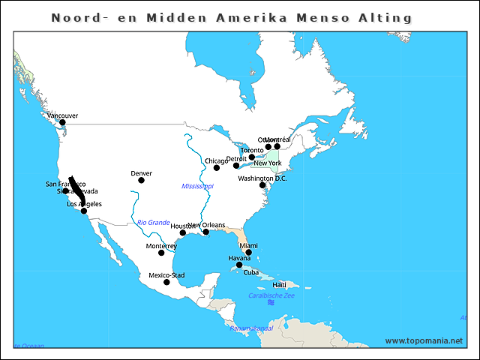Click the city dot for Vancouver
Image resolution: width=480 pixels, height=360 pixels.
[x=62, y=122]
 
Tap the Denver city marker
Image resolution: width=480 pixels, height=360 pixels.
[x=141, y=180]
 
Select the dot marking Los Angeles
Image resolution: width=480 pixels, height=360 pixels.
[x=84, y=211]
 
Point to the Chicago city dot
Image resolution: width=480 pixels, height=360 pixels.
[x=217, y=167]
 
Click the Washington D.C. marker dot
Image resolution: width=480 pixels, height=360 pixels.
[x=262, y=184]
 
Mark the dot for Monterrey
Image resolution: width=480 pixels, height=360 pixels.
[x=161, y=253]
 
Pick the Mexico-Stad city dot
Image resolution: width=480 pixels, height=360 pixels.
[x=166, y=282]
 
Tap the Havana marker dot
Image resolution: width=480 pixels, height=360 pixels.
[x=239, y=265]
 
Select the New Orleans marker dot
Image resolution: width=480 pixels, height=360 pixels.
[x=206, y=232]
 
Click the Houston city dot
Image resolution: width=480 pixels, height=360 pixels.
[x=182, y=232]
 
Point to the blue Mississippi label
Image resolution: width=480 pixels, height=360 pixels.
[x=197, y=186]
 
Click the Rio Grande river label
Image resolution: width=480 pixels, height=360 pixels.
[x=154, y=222]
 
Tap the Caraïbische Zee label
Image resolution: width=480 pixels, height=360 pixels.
[x=271, y=296]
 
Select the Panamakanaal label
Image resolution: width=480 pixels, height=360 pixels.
[x=251, y=328]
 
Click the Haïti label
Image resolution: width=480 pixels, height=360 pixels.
[x=279, y=285]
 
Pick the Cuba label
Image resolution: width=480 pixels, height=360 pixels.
[x=251, y=272]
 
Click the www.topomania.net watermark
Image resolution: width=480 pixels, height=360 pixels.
[x=424, y=341]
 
